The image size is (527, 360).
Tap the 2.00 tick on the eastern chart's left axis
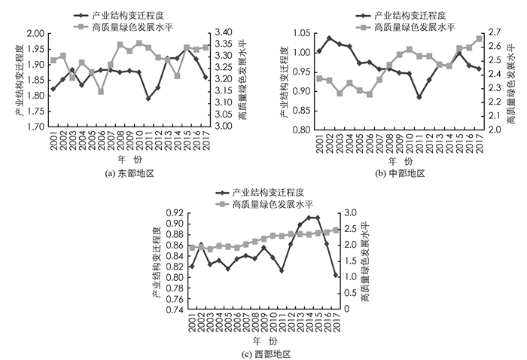(35, 34)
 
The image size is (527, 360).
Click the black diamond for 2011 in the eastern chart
(148, 98)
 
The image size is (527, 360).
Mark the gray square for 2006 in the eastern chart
(101, 91)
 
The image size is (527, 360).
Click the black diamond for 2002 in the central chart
(329, 38)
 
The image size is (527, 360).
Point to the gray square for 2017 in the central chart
(479, 38)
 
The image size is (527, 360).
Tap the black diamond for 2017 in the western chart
(335, 275)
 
